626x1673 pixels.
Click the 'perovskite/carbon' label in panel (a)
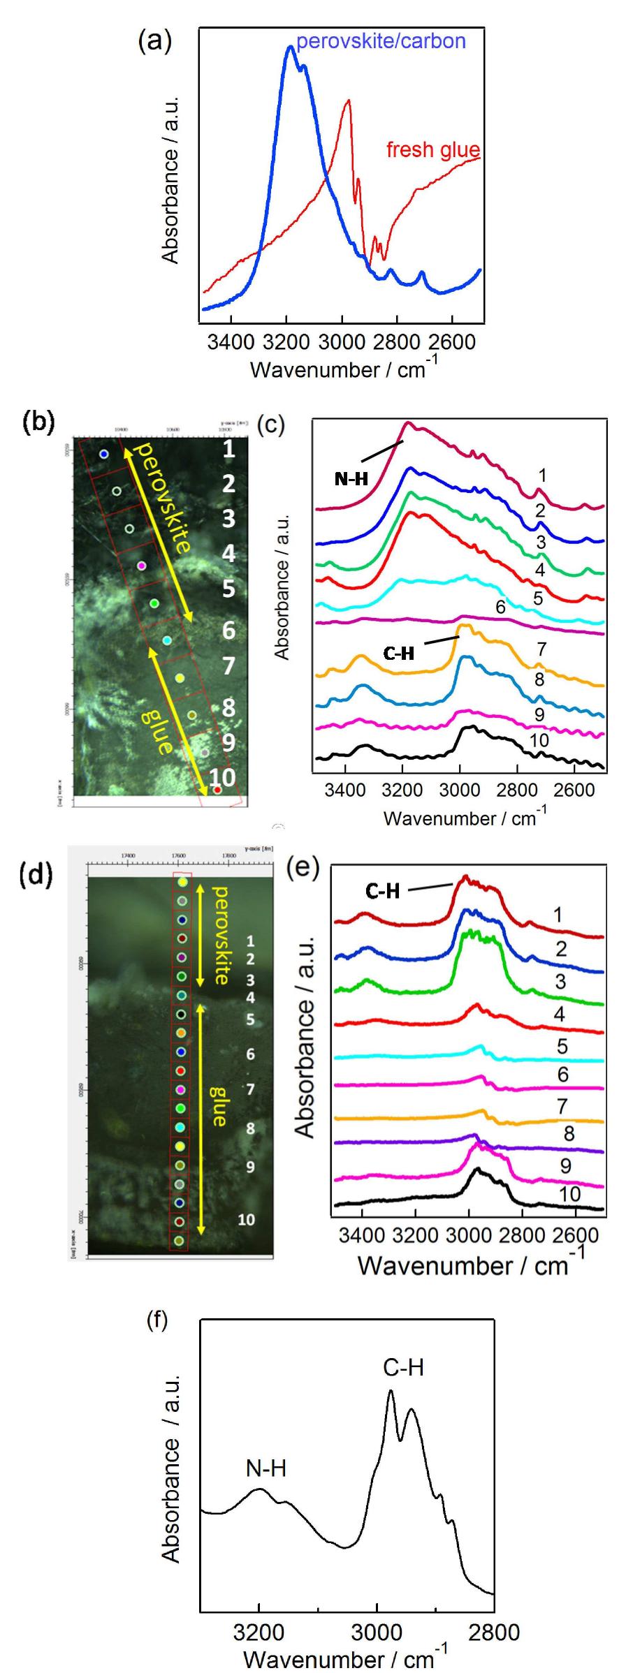(381, 42)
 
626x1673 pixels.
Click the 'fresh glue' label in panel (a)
(433, 150)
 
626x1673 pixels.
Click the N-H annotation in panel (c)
(351, 479)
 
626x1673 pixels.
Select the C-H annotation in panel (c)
(399, 653)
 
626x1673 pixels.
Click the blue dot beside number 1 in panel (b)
(104, 454)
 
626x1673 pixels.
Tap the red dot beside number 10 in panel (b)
(217, 790)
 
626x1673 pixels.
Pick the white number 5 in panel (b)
(228, 589)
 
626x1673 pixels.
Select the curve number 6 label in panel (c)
(500, 606)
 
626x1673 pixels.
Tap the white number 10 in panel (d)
(246, 1220)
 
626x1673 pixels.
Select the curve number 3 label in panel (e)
(560, 981)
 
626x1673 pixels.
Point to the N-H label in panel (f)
(266, 1468)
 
